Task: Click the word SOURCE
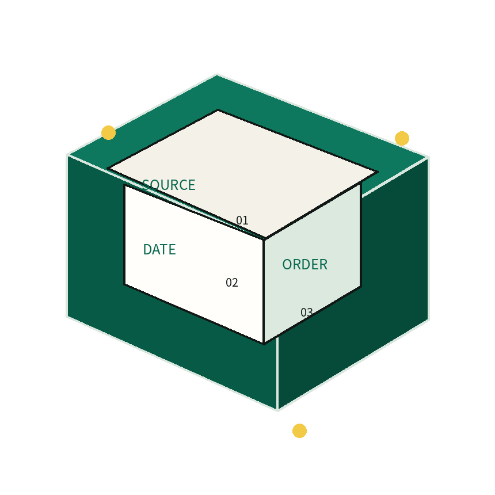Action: (x=169, y=185)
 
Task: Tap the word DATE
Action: (x=159, y=249)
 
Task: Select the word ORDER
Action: (x=304, y=265)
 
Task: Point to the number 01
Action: (x=242, y=220)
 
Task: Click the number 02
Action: (x=232, y=283)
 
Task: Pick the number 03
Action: (x=307, y=313)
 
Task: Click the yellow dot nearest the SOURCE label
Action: (x=109, y=132)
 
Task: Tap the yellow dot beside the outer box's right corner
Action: (x=402, y=138)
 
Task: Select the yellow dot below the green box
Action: (x=299, y=431)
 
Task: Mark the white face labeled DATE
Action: (x=194, y=264)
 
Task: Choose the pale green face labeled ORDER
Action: (x=313, y=262)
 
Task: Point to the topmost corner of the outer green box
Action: (x=216, y=75)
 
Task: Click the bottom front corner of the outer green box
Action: (x=277, y=410)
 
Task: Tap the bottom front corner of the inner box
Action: (x=264, y=344)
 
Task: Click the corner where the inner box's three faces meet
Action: (x=264, y=239)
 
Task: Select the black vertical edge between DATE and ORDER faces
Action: (x=264, y=291)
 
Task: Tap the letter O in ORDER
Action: (x=287, y=265)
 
